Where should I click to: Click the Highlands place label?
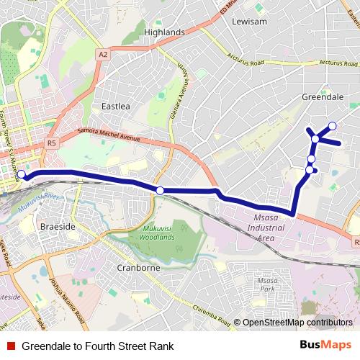coord(164,32)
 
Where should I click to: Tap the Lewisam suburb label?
coord(249,22)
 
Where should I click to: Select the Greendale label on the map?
coord(321,96)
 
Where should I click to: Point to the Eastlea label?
coord(115,106)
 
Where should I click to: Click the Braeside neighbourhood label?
coord(58,226)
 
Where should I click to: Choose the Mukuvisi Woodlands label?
coord(153,232)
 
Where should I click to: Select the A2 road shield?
coord(104,54)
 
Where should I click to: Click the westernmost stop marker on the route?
coord(22,174)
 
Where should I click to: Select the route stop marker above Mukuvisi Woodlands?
coord(160,190)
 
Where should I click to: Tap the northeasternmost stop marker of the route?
coord(333,127)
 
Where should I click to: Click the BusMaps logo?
coord(326,346)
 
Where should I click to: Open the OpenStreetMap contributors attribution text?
coord(297,323)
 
